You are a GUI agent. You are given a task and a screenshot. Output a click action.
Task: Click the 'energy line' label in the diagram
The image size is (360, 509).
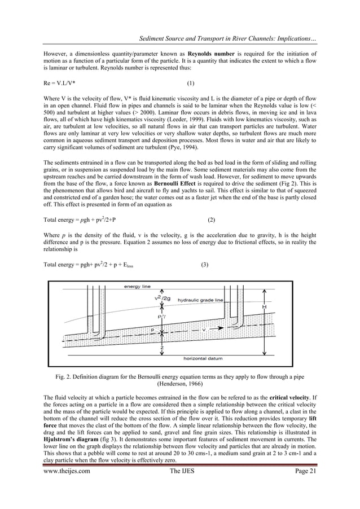[137, 287]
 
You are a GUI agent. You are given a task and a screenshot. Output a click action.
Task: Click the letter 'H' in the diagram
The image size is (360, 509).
[265, 306]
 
